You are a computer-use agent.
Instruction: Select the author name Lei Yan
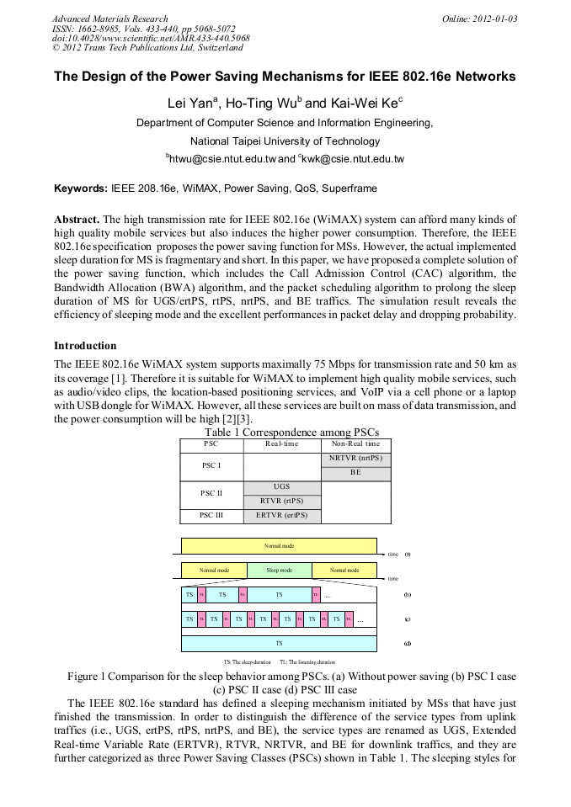(190, 104)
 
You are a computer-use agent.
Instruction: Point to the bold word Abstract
(77, 216)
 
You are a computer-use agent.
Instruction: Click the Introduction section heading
(85, 346)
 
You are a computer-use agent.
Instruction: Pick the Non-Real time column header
(355, 443)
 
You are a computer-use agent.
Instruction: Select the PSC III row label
(211, 515)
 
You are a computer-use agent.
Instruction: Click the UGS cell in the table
(282, 486)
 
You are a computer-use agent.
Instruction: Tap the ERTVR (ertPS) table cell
(282, 515)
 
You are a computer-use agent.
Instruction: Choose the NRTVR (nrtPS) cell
(355, 458)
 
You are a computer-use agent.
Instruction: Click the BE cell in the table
(355, 473)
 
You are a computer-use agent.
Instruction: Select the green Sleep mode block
(279, 570)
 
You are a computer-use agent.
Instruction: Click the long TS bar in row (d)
(279, 643)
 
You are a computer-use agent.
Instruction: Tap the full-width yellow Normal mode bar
(279, 545)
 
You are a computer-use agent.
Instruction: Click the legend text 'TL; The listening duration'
(307, 662)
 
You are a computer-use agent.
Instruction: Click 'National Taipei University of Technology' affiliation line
(285, 141)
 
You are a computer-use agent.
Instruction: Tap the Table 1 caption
(285, 433)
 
